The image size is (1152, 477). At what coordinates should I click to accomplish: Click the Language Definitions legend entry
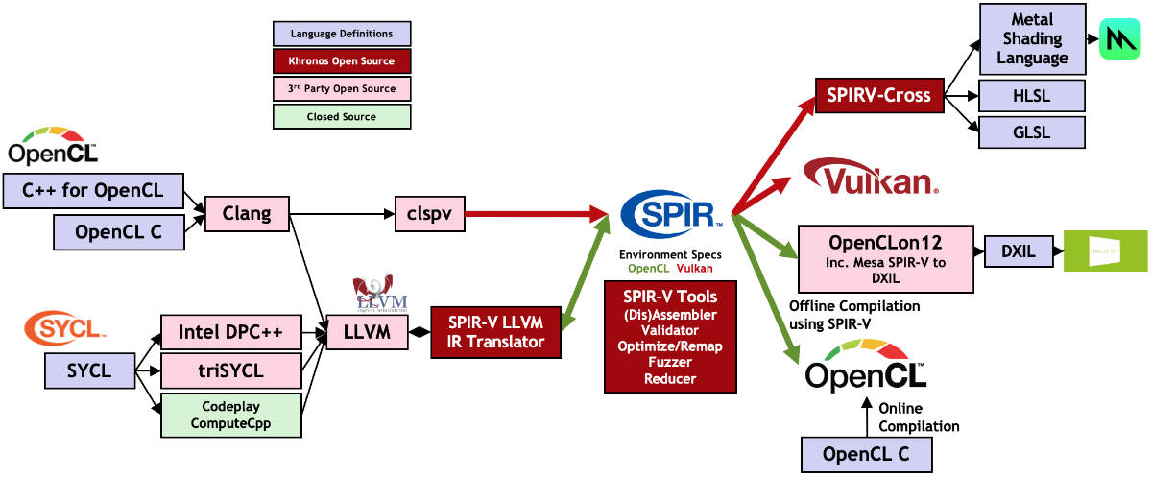coord(342,34)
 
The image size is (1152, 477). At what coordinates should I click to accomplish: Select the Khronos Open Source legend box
coord(342,61)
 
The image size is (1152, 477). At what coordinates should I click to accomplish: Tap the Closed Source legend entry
coord(342,116)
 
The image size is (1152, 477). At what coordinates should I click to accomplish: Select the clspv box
coord(430,214)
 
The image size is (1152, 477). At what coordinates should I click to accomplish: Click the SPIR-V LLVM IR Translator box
coord(495,332)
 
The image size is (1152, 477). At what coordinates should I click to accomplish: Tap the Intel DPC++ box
coord(230,332)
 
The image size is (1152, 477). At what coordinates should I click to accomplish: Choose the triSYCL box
coord(230,370)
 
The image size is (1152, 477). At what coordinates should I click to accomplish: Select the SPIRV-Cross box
coord(877,95)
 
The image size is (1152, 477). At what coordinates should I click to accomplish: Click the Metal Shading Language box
coord(1031,39)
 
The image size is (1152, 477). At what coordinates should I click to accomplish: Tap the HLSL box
coord(1031,95)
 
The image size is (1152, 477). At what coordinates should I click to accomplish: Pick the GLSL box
coord(1031,131)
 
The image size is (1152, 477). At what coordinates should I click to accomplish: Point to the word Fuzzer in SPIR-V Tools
coord(671,363)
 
